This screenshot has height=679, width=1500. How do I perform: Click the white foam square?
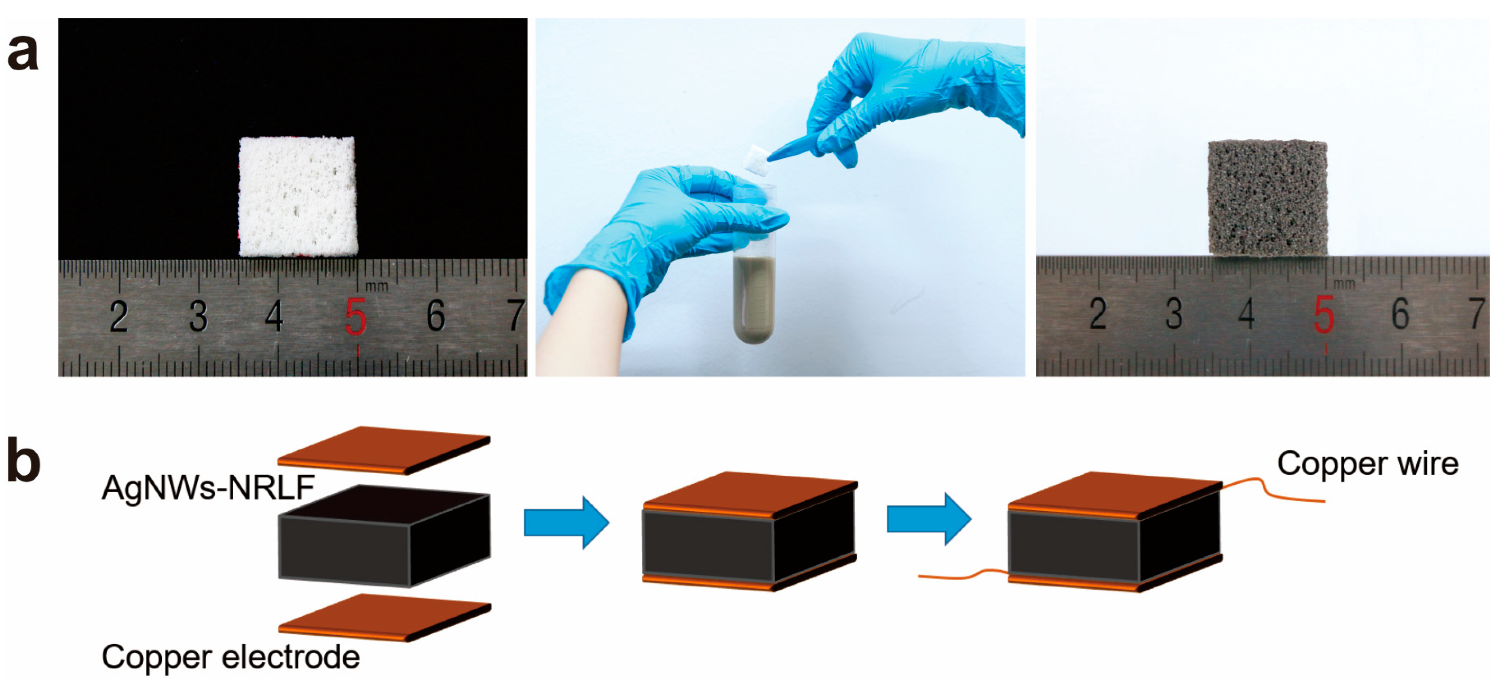click(x=298, y=196)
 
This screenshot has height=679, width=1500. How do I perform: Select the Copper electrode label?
click(x=230, y=656)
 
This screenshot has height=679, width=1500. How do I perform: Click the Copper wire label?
click(x=1367, y=464)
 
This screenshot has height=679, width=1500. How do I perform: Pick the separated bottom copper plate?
click(x=385, y=617)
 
